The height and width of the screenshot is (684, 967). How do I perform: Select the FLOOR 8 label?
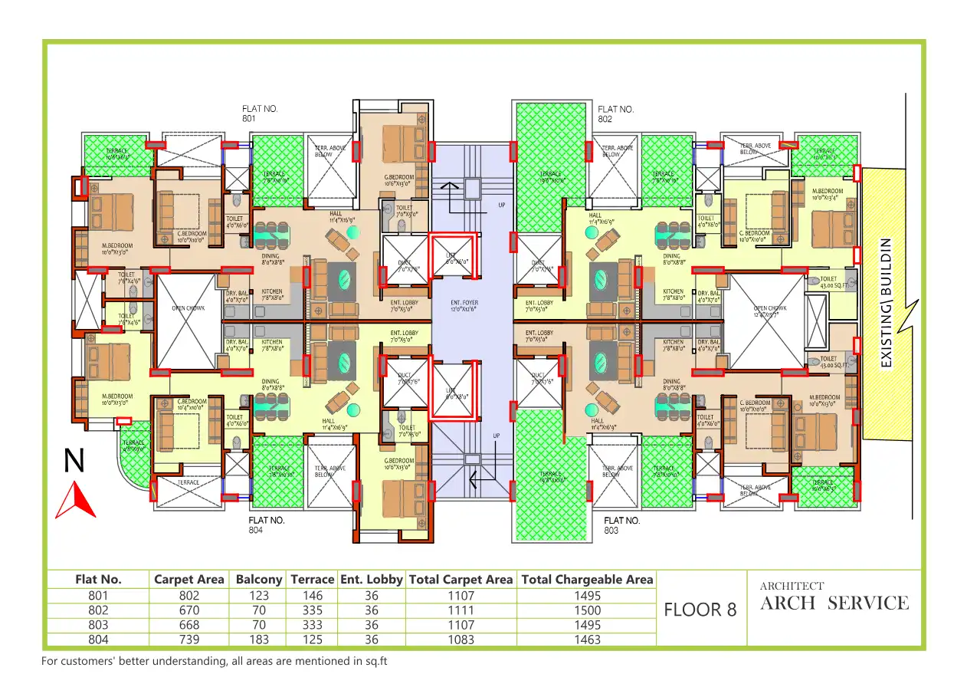700,610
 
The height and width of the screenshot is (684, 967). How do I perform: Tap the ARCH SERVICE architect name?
834,603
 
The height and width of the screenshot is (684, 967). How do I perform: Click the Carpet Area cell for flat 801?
188,595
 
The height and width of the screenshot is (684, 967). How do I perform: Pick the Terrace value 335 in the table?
312,610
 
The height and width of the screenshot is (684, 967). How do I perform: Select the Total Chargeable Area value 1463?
586,640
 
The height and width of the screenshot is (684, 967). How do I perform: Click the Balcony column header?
259,580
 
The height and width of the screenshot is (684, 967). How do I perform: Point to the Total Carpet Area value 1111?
460,610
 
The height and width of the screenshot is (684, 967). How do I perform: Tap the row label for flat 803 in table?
98,625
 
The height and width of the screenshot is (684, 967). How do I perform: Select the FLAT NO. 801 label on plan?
259,114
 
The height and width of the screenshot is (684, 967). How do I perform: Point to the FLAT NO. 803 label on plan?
621,525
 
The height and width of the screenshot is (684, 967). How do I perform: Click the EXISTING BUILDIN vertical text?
886,302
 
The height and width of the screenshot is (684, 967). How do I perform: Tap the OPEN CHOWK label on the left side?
188,309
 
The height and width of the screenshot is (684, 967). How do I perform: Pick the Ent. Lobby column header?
371,580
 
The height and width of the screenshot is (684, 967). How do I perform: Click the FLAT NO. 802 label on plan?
615,114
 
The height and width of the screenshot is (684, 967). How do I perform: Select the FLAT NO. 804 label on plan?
266,525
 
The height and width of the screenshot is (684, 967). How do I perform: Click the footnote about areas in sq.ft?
209,661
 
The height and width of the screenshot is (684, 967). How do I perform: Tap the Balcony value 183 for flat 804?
259,640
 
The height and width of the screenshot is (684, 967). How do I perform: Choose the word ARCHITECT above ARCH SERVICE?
792,587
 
